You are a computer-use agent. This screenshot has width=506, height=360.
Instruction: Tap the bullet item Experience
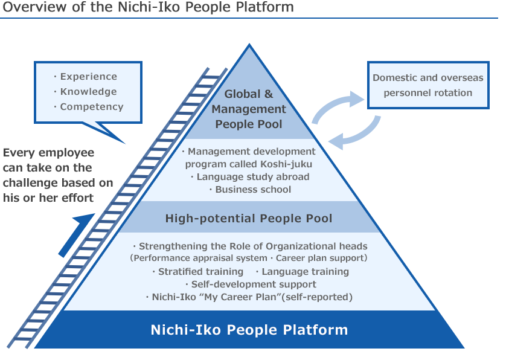click(88, 77)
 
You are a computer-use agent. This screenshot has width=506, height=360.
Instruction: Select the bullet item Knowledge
click(88, 92)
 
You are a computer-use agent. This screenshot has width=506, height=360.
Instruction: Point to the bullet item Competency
click(91, 107)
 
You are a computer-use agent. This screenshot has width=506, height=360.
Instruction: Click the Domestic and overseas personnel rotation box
click(428, 85)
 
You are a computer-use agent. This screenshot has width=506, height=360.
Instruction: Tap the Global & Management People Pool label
click(249, 109)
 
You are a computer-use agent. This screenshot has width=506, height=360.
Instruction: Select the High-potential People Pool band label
click(249, 219)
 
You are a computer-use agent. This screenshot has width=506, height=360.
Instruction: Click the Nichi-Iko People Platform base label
click(249, 330)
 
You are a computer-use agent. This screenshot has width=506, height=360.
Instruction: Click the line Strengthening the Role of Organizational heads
click(252, 246)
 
